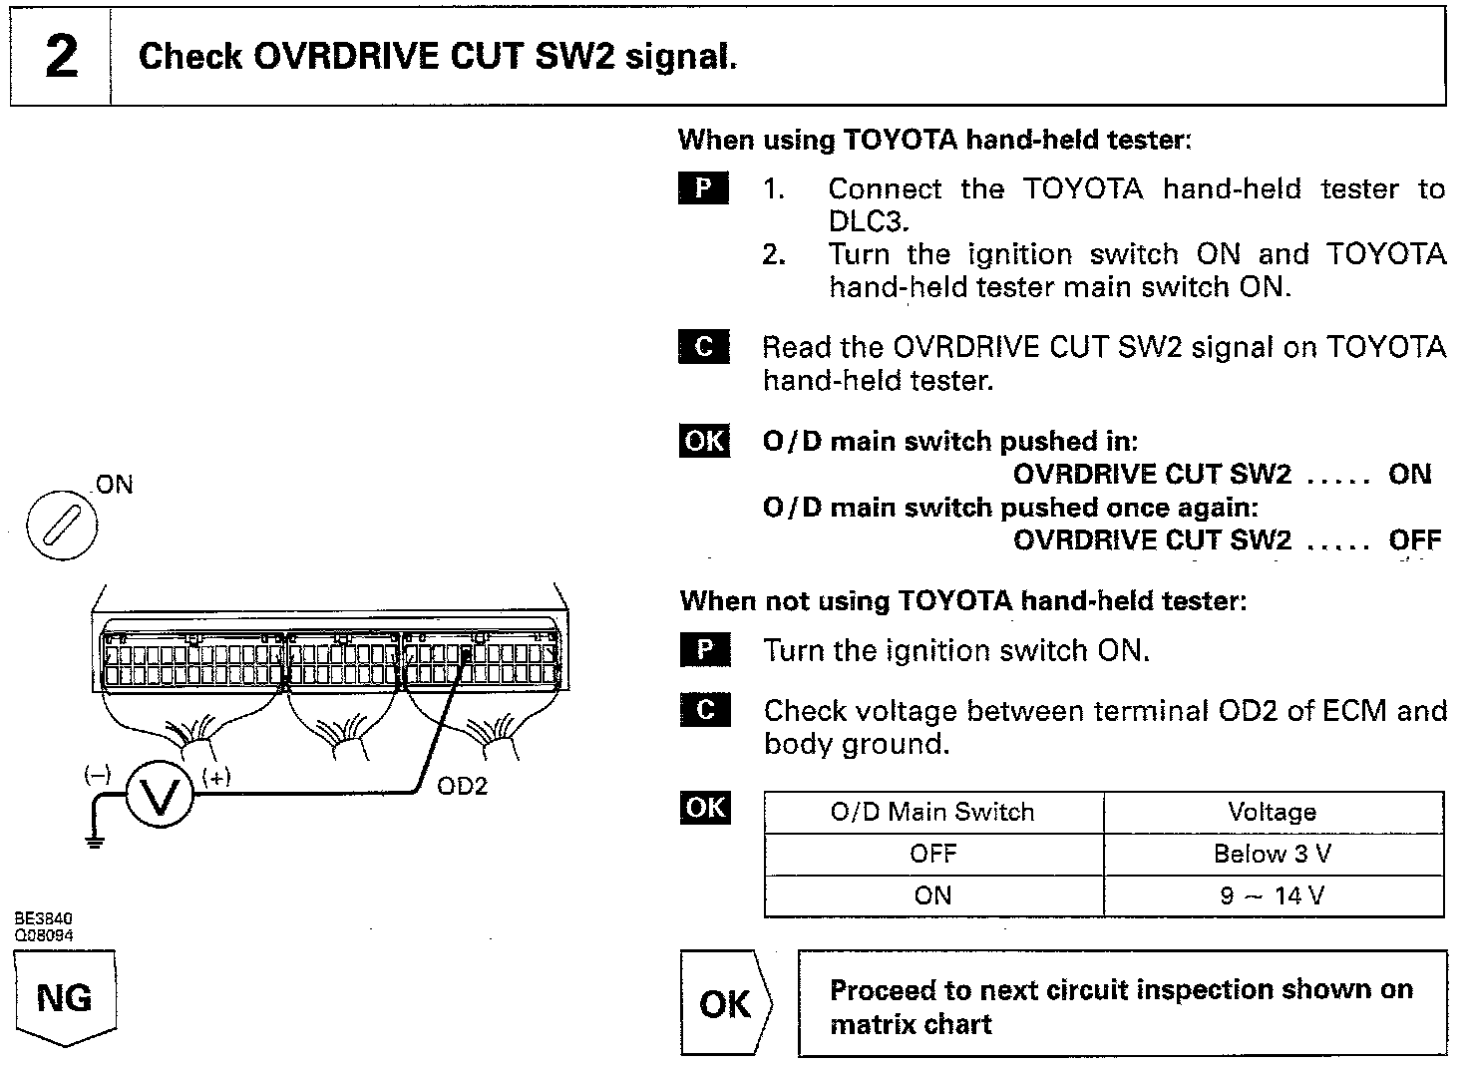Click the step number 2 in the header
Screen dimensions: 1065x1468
click(x=61, y=56)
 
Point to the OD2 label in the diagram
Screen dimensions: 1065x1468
click(x=463, y=787)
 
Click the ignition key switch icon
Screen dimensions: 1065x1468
click(x=62, y=524)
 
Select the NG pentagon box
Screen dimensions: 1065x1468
click(x=65, y=997)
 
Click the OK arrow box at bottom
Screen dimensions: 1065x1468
click(x=726, y=1003)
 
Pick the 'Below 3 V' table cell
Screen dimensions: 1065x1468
click(x=1273, y=855)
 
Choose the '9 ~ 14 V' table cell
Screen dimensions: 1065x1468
click(x=1273, y=895)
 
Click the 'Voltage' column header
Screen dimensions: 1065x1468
click(x=1273, y=812)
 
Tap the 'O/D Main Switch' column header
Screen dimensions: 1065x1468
click(x=932, y=812)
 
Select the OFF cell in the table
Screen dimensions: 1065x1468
click(x=932, y=855)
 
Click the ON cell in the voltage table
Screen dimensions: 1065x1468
click(x=932, y=895)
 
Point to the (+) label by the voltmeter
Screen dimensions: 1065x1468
click(x=216, y=777)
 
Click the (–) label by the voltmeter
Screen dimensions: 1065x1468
click(x=97, y=775)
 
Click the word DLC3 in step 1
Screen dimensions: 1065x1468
click(x=869, y=221)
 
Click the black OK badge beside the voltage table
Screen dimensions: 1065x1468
click(x=705, y=807)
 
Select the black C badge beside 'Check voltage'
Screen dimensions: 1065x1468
click(x=705, y=710)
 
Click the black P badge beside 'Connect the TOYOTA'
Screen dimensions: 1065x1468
click(x=703, y=188)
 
